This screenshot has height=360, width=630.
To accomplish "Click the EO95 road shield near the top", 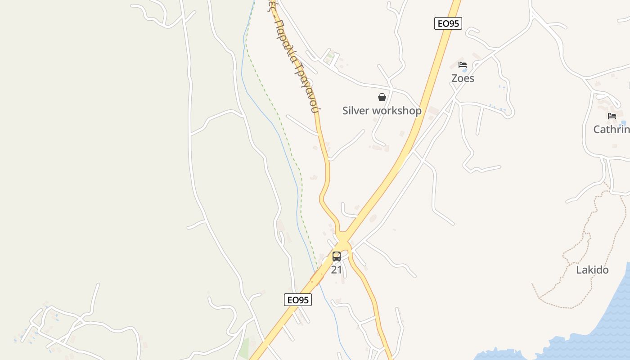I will [x=448, y=23].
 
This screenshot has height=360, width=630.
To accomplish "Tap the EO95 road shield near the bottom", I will [x=298, y=300].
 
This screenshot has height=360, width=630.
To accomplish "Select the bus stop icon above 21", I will [x=337, y=256].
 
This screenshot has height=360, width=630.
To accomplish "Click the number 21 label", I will [x=337, y=270].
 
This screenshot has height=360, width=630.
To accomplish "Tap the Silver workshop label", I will [x=382, y=111].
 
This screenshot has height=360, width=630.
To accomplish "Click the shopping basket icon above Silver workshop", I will [x=382, y=97].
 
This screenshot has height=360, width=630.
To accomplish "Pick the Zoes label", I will [x=463, y=78].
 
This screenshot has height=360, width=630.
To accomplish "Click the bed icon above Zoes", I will [x=463, y=65].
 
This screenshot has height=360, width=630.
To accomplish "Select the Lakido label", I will [x=592, y=270].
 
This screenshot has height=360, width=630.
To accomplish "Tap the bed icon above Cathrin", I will [x=612, y=116].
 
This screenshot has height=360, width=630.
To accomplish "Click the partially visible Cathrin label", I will [x=611, y=130].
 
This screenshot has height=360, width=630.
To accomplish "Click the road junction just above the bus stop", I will [x=343, y=238].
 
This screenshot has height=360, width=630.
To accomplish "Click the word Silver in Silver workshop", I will [x=355, y=111].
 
